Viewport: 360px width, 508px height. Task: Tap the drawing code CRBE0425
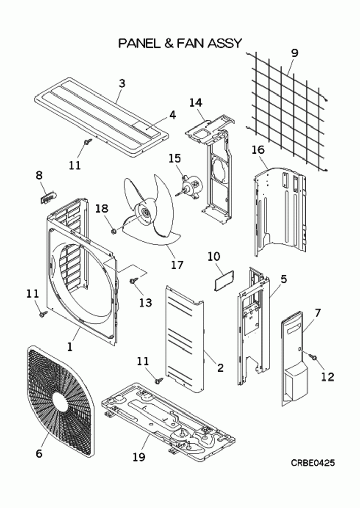coord(312,463)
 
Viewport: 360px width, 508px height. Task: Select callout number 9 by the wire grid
coord(294,53)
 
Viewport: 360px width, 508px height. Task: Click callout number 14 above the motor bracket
coord(195,103)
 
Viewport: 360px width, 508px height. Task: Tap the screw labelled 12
coord(313,357)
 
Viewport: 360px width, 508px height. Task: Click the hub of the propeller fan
coord(145,213)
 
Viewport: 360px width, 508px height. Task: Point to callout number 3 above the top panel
coord(122,83)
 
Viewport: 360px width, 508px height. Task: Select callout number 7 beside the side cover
coord(317,313)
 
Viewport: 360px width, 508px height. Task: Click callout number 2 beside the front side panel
coord(220,368)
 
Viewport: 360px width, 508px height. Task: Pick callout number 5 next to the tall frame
coord(284,279)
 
